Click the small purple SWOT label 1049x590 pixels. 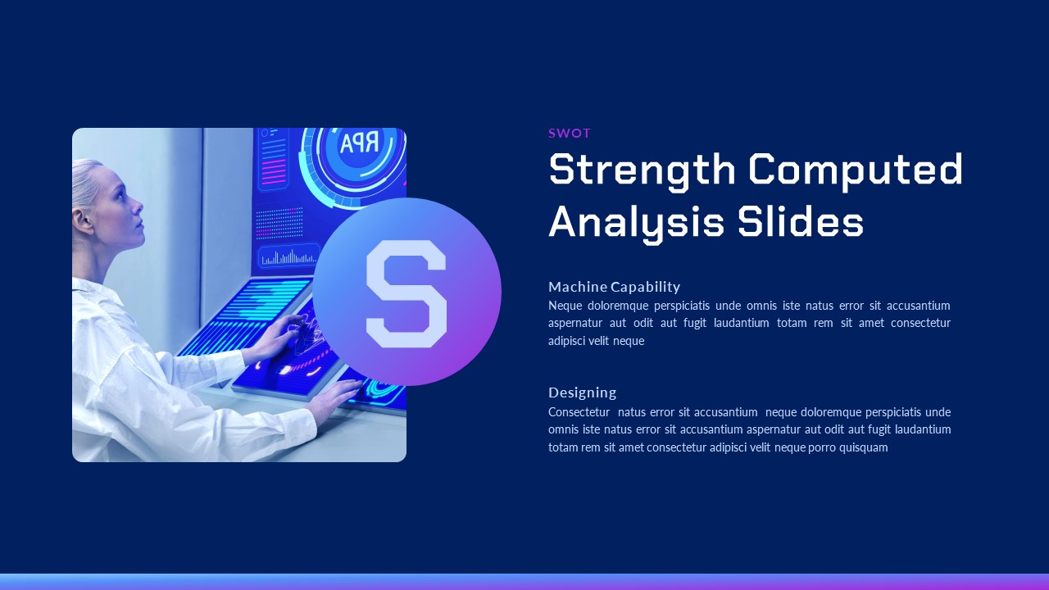[x=569, y=134]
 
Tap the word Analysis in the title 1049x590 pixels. [x=637, y=224]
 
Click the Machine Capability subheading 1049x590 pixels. [x=614, y=287]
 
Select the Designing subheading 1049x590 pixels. [x=582, y=393]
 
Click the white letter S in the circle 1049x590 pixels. [x=406, y=294]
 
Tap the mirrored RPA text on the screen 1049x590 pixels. [x=359, y=143]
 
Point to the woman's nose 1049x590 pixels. [x=139, y=205]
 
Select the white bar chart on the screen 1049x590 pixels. [x=288, y=257]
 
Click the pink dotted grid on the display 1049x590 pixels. [x=280, y=223]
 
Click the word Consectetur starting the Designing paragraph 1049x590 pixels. [x=579, y=412]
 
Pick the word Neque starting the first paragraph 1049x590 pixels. [x=565, y=306]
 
